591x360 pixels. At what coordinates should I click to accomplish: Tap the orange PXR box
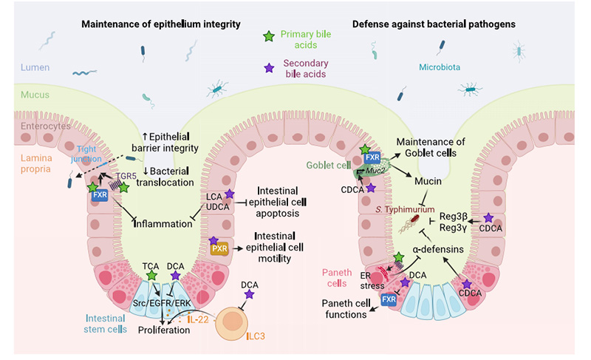coord(219,248)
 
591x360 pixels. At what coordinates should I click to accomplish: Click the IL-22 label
coord(197,319)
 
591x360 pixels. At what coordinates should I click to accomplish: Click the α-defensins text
coord(438,250)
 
